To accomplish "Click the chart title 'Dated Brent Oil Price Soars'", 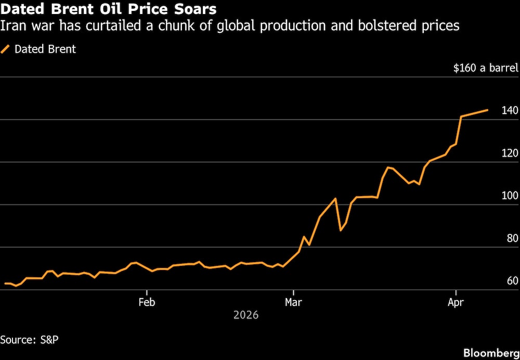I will click(109, 9).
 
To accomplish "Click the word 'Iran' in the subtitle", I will click(14, 25).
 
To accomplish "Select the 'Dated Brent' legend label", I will click(45, 49).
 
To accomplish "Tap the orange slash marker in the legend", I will click(6, 49).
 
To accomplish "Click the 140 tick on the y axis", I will click(510, 110).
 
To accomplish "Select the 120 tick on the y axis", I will click(510, 153).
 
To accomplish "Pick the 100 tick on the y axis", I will click(510, 196).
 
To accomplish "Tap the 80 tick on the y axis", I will click(512, 238).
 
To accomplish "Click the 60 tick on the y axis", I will click(512, 281).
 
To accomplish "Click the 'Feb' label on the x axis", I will click(147, 301).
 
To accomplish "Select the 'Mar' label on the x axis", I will click(294, 301).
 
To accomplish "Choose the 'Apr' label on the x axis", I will click(456, 301).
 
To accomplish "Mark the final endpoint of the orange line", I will click(487, 110).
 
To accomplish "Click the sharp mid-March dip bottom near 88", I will click(341, 230).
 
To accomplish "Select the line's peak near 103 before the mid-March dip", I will click(336, 198).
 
